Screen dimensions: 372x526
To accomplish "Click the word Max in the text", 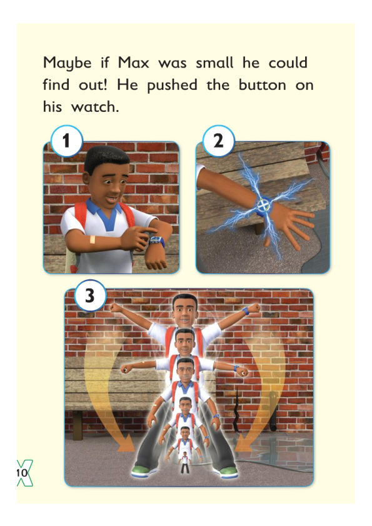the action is coord(133,62).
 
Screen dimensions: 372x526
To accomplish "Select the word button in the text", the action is coord(262,85).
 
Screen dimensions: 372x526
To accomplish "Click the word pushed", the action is coord(172,86).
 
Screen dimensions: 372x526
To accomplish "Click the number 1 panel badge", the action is coord(66,141).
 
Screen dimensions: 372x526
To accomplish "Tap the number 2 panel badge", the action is coord(219,141).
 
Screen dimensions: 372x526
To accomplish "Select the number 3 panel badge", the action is coord(90,296).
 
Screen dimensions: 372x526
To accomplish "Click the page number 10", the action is coord(22,473).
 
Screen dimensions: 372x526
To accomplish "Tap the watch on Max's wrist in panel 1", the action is coord(157,241).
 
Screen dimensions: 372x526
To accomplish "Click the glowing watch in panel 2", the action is coord(264,205).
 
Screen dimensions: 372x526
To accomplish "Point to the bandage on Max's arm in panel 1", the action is coord(93,239).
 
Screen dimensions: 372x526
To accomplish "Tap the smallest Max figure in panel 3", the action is coord(184,462).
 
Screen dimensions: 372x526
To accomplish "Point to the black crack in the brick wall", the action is coord(236,409).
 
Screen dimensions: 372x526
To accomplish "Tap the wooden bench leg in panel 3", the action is coord(78,425).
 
